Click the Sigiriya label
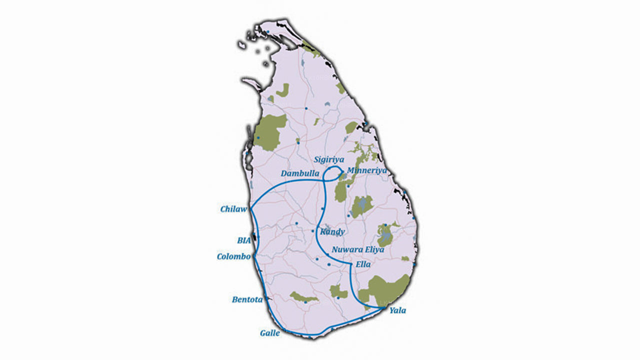click(329, 159)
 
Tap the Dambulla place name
click(300, 173)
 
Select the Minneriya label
click(367, 170)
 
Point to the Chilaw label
click(233, 209)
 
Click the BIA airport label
click(244, 240)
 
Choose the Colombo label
click(233, 256)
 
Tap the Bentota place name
click(247, 299)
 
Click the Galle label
click(270, 333)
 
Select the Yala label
click(398, 310)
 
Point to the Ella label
click(362, 264)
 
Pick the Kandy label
click(332, 232)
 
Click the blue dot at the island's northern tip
click(268, 32)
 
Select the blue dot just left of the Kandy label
click(313, 231)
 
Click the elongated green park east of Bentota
click(303, 297)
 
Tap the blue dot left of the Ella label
click(350, 263)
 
